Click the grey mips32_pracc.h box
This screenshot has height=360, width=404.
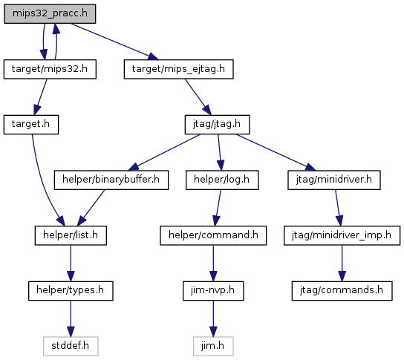(50, 13)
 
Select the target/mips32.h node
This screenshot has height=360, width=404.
(50, 69)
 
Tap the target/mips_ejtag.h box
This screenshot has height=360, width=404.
(178, 69)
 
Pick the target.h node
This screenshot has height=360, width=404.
(31, 125)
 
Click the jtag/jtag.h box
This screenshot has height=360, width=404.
(217, 125)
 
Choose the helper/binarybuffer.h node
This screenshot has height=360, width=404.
(111, 180)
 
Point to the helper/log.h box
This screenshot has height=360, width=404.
(222, 180)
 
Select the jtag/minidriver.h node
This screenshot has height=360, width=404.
(334, 180)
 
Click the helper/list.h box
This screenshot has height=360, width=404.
(71, 235)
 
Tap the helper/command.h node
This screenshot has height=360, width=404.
(213, 235)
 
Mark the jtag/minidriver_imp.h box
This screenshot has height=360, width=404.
(342, 235)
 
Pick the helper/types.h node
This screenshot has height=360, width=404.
(71, 291)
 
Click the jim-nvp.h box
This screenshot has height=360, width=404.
(213, 291)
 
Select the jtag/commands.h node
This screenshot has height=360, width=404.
(342, 291)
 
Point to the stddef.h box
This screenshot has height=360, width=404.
(71, 347)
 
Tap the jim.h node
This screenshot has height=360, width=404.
(213, 347)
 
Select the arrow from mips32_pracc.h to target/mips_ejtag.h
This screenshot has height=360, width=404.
(114, 42)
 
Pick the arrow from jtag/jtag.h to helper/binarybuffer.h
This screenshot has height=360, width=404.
(164, 152)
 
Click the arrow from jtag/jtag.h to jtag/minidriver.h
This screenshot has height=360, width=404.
(276, 152)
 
